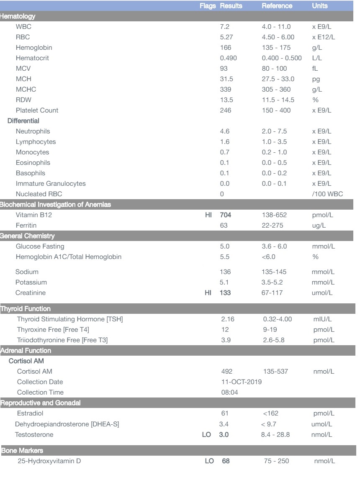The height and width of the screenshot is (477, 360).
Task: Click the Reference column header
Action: [x=277, y=6]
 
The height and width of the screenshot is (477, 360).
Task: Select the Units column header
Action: [x=320, y=6]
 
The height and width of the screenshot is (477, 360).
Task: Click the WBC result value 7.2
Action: [x=224, y=27]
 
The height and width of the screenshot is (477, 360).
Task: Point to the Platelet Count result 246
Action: [x=226, y=110]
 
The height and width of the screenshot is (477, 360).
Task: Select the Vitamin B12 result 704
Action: [x=226, y=215]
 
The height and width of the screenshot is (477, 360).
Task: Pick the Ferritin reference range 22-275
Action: [x=273, y=226]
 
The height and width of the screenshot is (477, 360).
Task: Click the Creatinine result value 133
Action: [x=226, y=293]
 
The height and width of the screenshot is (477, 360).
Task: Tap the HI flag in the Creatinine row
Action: [x=208, y=293]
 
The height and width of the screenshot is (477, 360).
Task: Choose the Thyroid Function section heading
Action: [x=26, y=309]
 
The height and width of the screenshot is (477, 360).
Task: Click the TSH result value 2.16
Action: [x=228, y=319]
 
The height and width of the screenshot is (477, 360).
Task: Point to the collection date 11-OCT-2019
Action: [x=241, y=382]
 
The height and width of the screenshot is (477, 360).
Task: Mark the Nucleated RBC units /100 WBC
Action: [x=325, y=194]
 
